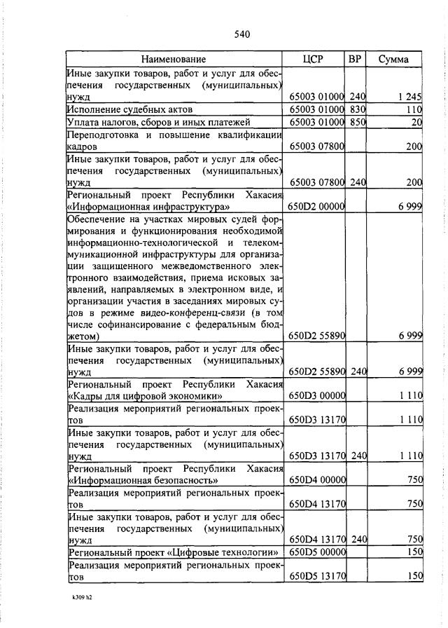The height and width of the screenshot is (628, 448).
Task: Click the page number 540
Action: pos(242,34)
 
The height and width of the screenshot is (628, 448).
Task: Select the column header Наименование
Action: pos(174,60)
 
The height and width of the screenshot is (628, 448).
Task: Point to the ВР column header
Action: pos(355,60)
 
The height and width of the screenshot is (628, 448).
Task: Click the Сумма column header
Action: pos(393,60)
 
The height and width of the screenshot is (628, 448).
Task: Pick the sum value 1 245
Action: pos(407,97)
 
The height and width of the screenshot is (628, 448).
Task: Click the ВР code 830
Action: pos(358,110)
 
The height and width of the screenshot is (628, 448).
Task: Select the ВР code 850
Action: pos(358,123)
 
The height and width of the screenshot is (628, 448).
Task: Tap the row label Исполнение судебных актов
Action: pos(129,110)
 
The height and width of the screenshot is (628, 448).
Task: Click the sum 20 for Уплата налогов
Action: pos(416,123)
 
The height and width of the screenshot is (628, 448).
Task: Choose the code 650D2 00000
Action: pos(316,207)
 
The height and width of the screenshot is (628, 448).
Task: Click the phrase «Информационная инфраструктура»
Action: pos(149,207)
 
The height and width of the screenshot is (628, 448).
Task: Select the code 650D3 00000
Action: pos(316,396)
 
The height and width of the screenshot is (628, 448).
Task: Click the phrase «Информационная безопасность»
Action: pos(143,480)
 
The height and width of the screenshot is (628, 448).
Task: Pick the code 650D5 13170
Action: pos(316,576)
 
